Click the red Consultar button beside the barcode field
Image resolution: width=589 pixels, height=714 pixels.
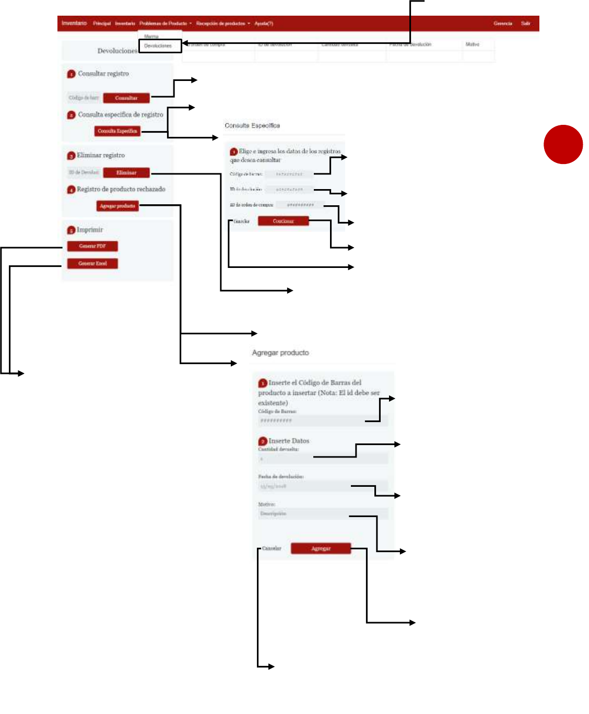[x=126, y=98]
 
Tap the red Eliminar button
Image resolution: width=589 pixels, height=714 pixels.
[x=126, y=172]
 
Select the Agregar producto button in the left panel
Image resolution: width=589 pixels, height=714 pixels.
[x=117, y=206]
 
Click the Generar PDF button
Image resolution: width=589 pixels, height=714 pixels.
[x=92, y=246]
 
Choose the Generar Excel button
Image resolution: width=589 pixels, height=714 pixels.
[x=92, y=263]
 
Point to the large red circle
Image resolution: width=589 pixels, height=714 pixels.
[x=563, y=144]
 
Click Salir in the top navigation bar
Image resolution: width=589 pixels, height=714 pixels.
[x=525, y=24]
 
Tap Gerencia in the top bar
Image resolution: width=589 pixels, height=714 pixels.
[x=503, y=24]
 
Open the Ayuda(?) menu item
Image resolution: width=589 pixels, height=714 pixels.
[x=264, y=24]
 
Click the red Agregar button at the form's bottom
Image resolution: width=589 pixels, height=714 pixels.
[x=321, y=548]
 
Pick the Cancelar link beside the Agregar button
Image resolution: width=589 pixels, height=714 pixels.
[x=272, y=548]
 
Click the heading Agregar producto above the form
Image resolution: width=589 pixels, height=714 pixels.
[x=280, y=353]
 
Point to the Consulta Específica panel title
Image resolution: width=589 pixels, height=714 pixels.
[x=252, y=126]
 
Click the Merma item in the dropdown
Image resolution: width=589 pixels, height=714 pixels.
[x=151, y=37]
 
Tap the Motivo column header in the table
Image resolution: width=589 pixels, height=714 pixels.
[x=472, y=44]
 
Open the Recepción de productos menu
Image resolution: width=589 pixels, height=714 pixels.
[x=222, y=24]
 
